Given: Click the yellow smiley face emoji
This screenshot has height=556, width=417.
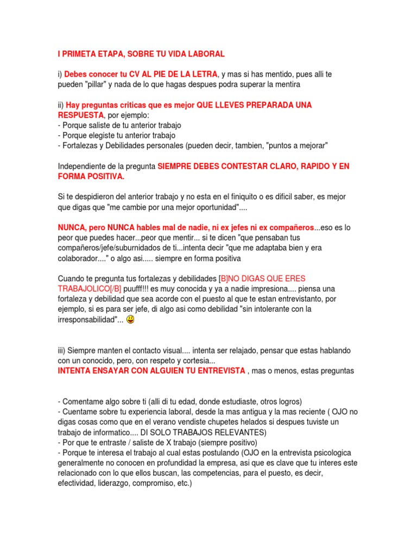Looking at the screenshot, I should (x=130, y=320).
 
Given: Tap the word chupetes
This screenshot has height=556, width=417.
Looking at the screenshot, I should (x=242, y=422).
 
